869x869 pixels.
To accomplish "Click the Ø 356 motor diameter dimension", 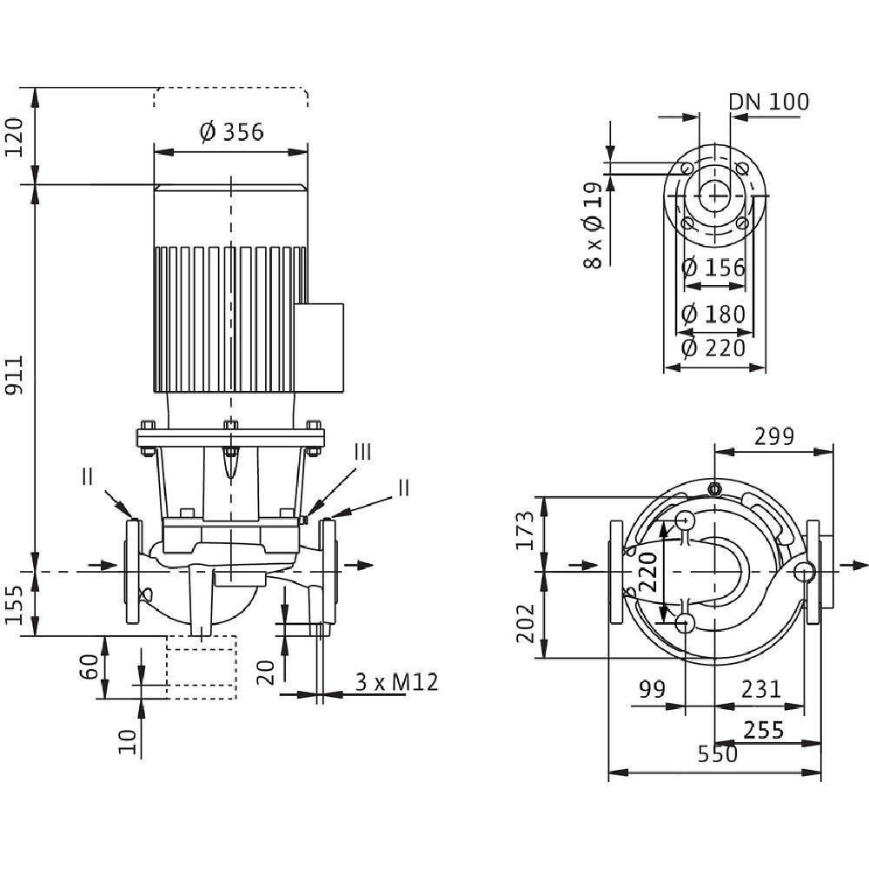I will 231,132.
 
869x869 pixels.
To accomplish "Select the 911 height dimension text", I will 17,375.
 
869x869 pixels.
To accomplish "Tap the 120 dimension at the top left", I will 17,135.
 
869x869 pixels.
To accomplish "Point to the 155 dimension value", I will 17,604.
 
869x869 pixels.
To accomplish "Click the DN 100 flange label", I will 768,102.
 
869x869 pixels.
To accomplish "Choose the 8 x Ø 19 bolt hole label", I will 594,225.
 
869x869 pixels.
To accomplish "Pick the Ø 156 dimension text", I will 713,268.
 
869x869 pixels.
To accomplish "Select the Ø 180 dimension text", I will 713,313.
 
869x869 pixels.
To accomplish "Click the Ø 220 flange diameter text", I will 713,348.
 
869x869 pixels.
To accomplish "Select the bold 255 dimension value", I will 766,730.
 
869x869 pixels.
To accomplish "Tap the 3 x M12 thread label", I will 396,683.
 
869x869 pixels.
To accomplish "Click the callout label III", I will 362,452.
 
